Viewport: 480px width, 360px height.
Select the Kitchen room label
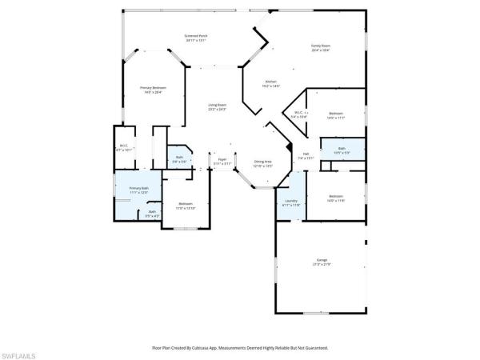tap(272, 84)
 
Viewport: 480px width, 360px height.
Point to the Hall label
tap(306, 156)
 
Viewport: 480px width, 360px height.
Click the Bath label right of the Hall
tap(342, 150)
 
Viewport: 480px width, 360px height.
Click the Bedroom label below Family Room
tap(335, 115)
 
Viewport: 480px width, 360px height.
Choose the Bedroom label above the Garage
tap(335, 198)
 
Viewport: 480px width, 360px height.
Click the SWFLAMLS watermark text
tap(20, 352)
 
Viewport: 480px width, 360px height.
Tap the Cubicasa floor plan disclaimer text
tap(239, 348)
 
